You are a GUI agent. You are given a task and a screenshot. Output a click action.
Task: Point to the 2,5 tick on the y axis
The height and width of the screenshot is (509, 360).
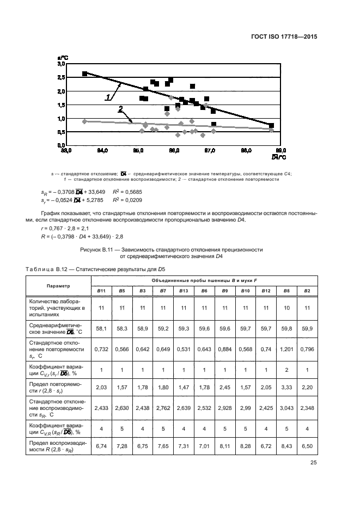[61, 77]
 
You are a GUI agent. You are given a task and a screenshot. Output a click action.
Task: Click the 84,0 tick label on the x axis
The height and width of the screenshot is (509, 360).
[102, 150]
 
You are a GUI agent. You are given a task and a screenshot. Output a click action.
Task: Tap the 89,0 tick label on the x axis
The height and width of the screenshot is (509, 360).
[281, 150]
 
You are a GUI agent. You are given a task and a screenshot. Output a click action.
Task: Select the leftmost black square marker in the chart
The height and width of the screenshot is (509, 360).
[84, 73]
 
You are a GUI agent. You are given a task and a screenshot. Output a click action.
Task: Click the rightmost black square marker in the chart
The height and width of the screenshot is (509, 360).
[271, 126]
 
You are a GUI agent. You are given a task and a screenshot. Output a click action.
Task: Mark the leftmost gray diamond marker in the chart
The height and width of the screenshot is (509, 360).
[84, 121]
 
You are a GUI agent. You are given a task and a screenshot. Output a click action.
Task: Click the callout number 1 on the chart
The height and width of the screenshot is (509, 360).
[108, 97]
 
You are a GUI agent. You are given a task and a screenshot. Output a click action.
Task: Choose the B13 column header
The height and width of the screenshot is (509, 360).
[183, 291]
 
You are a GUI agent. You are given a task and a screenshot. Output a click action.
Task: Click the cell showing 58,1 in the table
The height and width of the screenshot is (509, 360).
[101, 329]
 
